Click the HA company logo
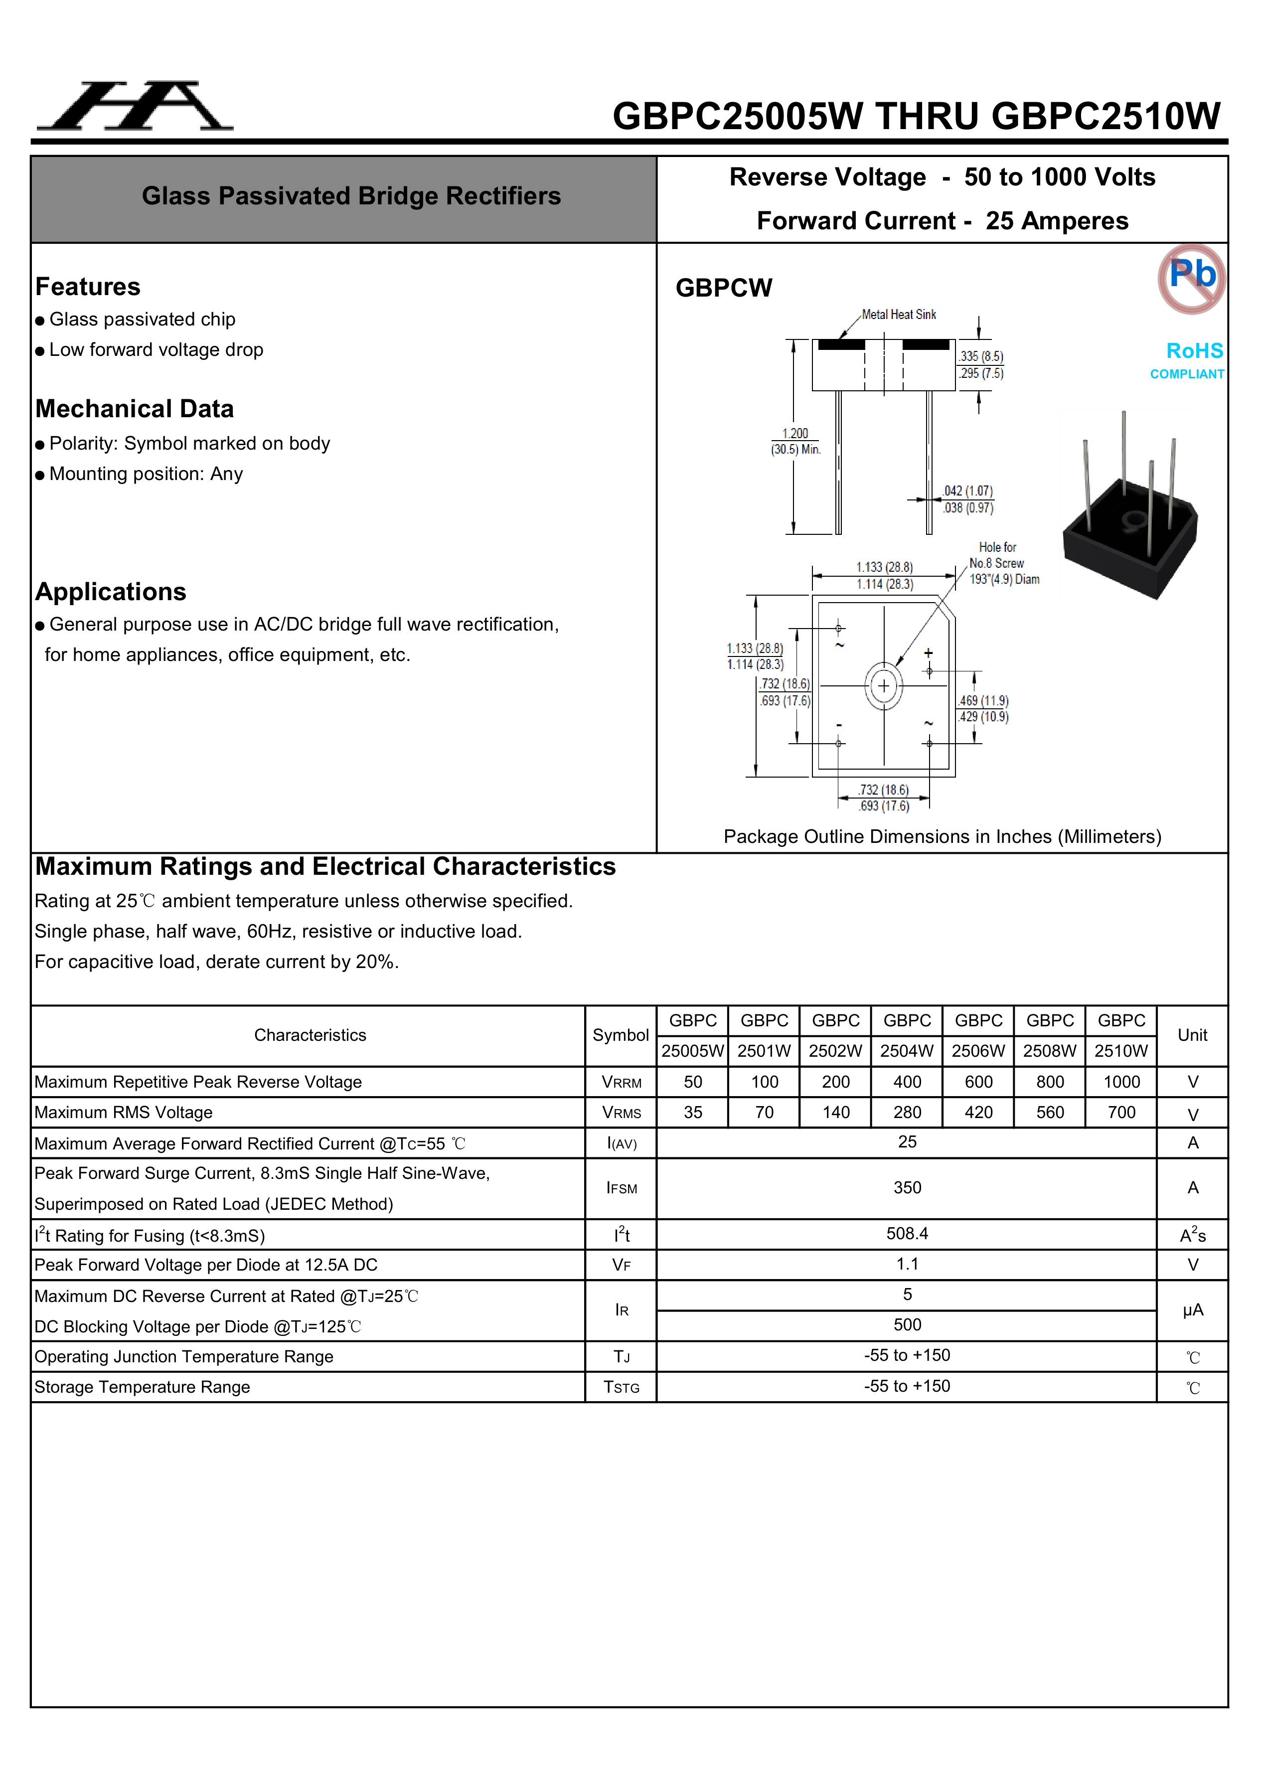click(x=135, y=106)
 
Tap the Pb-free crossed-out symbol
click(x=1191, y=278)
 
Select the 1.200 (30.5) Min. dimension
click(x=795, y=441)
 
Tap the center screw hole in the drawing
click(x=884, y=686)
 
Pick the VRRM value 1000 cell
click(x=1121, y=1082)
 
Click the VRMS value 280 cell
click(x=907, y=1112)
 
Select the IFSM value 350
click(x=907, y=1187)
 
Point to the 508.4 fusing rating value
click(x=907, y=1233)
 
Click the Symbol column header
click(x=621, y=1035)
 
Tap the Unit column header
click(x=1192, y=1035)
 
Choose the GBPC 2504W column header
click(x=907, y=1035)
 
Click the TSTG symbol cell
click(x=621, y=1387)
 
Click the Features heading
click(x=88, y=287)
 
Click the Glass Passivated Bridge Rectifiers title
click(x=351, y=196)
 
